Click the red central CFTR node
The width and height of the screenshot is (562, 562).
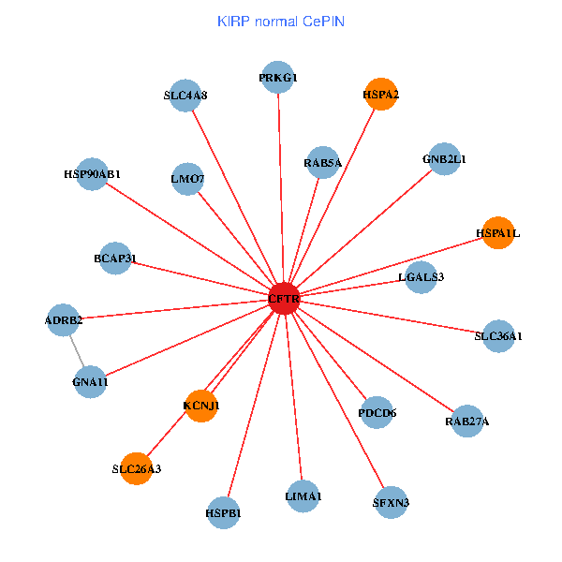284,299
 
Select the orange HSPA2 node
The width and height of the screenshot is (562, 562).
381,94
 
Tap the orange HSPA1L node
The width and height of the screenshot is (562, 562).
498,232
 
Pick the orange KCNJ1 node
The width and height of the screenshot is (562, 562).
200,406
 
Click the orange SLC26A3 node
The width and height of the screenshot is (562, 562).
137,468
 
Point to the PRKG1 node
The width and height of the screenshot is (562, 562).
278,78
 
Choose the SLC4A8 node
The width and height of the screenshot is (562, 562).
185,96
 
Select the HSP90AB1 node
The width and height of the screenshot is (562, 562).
92,174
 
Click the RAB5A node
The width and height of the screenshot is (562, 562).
323,162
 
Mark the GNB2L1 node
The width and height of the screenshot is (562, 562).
444,159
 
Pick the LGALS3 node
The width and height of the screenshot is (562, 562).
421,276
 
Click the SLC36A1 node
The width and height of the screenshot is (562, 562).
498,335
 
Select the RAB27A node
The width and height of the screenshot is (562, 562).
467,421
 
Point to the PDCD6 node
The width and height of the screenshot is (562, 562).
377,412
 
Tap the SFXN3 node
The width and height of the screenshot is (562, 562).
392,502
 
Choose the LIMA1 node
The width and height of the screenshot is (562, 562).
303,495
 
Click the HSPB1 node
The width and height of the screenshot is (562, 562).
223,512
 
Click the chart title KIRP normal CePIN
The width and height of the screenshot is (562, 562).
281,21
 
